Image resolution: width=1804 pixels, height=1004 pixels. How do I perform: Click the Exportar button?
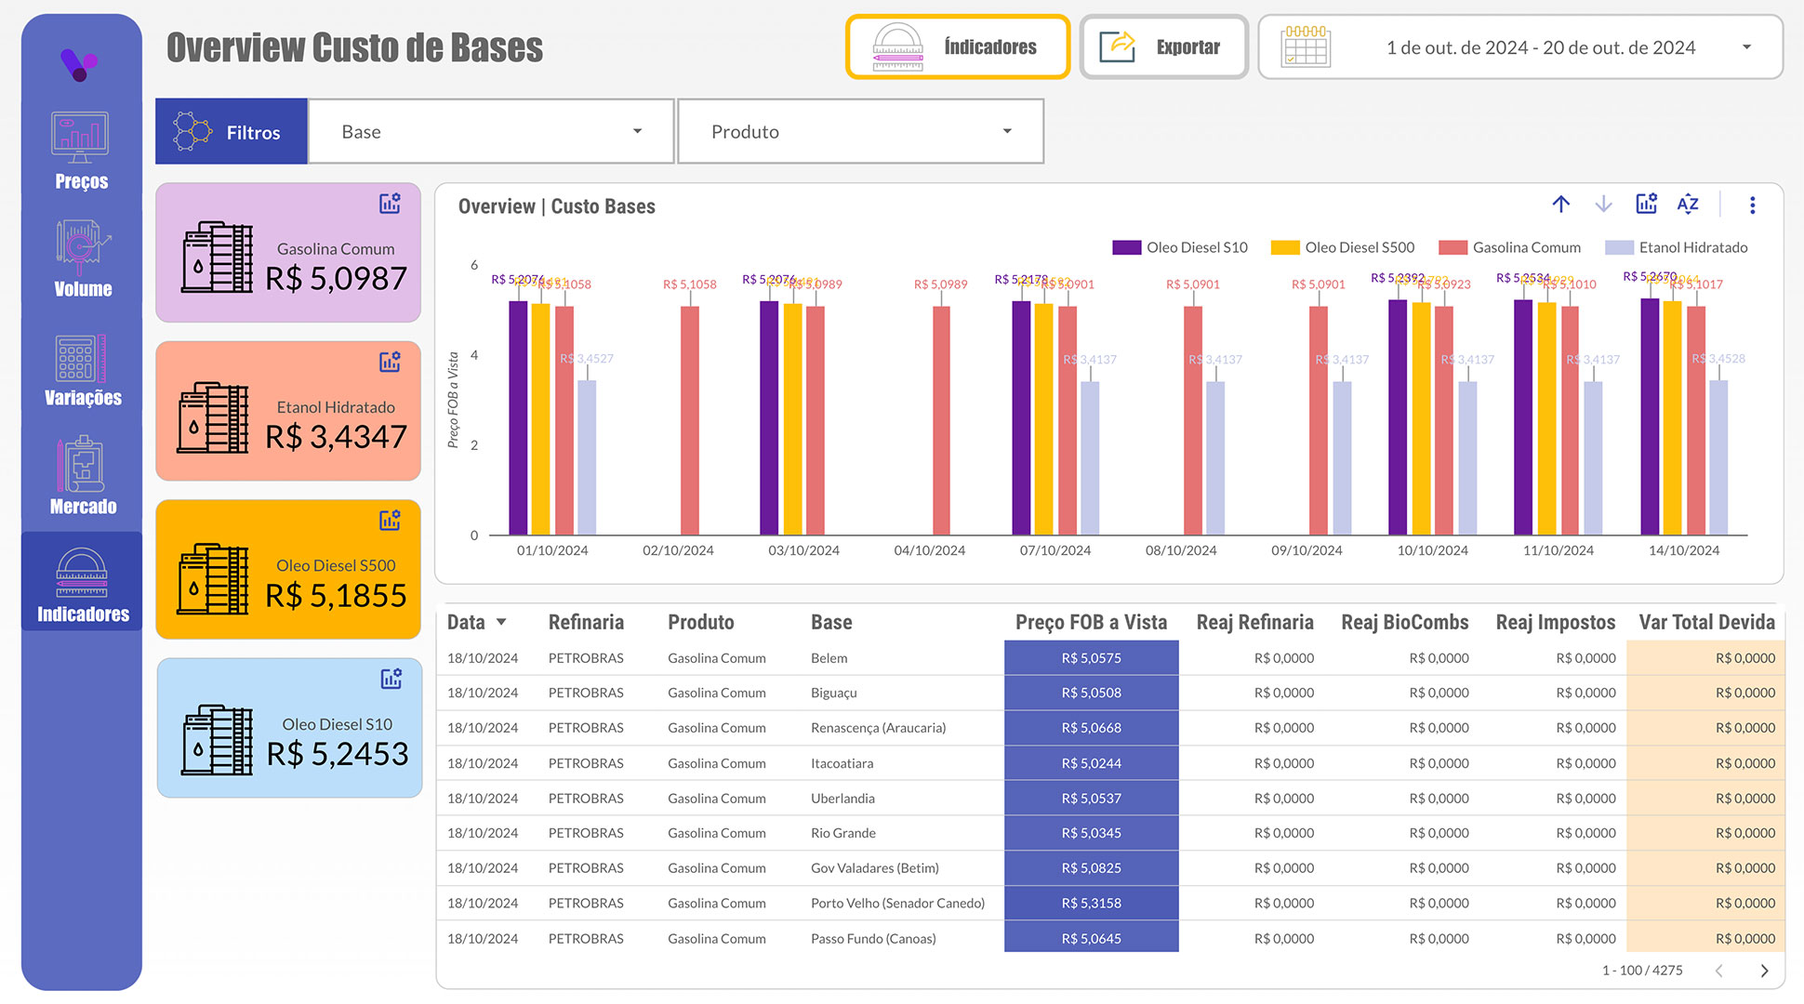[1163, 47]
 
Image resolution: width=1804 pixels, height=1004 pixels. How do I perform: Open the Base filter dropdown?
[490, 132]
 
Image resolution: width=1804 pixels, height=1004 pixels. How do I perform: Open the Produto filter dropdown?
[860, 132]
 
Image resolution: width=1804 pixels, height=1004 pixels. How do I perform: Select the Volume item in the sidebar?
[82, 259]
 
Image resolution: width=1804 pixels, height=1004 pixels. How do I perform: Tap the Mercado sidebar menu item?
[82, 476]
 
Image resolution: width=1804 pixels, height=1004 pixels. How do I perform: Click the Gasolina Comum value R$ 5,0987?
[336, 278]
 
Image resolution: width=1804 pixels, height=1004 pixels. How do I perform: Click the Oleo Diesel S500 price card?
[288, 570]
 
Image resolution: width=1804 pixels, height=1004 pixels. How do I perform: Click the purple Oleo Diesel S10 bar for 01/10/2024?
[518, 418]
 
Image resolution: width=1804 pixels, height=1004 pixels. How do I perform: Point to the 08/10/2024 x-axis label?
[1181, 550]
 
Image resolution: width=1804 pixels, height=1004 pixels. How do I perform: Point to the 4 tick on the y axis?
[474, 355]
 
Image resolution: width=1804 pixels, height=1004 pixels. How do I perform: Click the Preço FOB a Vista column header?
[1091, 622]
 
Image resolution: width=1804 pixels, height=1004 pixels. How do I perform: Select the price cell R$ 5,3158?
[1091, 903]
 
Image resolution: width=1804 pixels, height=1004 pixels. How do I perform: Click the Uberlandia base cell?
[842, 799]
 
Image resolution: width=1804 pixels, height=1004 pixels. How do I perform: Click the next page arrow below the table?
[1764, 971]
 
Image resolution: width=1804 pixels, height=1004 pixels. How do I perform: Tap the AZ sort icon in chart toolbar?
[1688, 205]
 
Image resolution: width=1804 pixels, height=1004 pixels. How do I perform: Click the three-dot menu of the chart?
[1752, 205]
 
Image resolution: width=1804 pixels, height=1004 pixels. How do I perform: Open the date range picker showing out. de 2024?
[1520, 47]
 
